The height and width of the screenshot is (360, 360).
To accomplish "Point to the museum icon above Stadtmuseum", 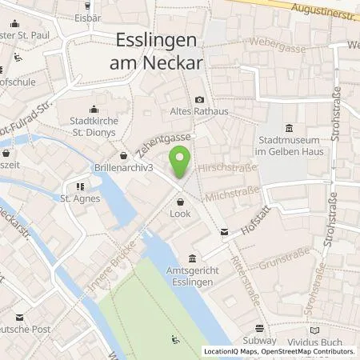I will click(x=289, y=128).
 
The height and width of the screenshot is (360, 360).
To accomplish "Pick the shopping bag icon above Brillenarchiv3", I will click(x=123, y=156).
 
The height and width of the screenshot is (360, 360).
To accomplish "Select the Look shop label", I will click(x=179, y=214).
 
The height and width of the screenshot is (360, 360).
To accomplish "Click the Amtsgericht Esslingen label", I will click(x=192, y=275).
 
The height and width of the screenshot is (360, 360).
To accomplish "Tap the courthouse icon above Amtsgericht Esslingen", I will click(x=192, y=258).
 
